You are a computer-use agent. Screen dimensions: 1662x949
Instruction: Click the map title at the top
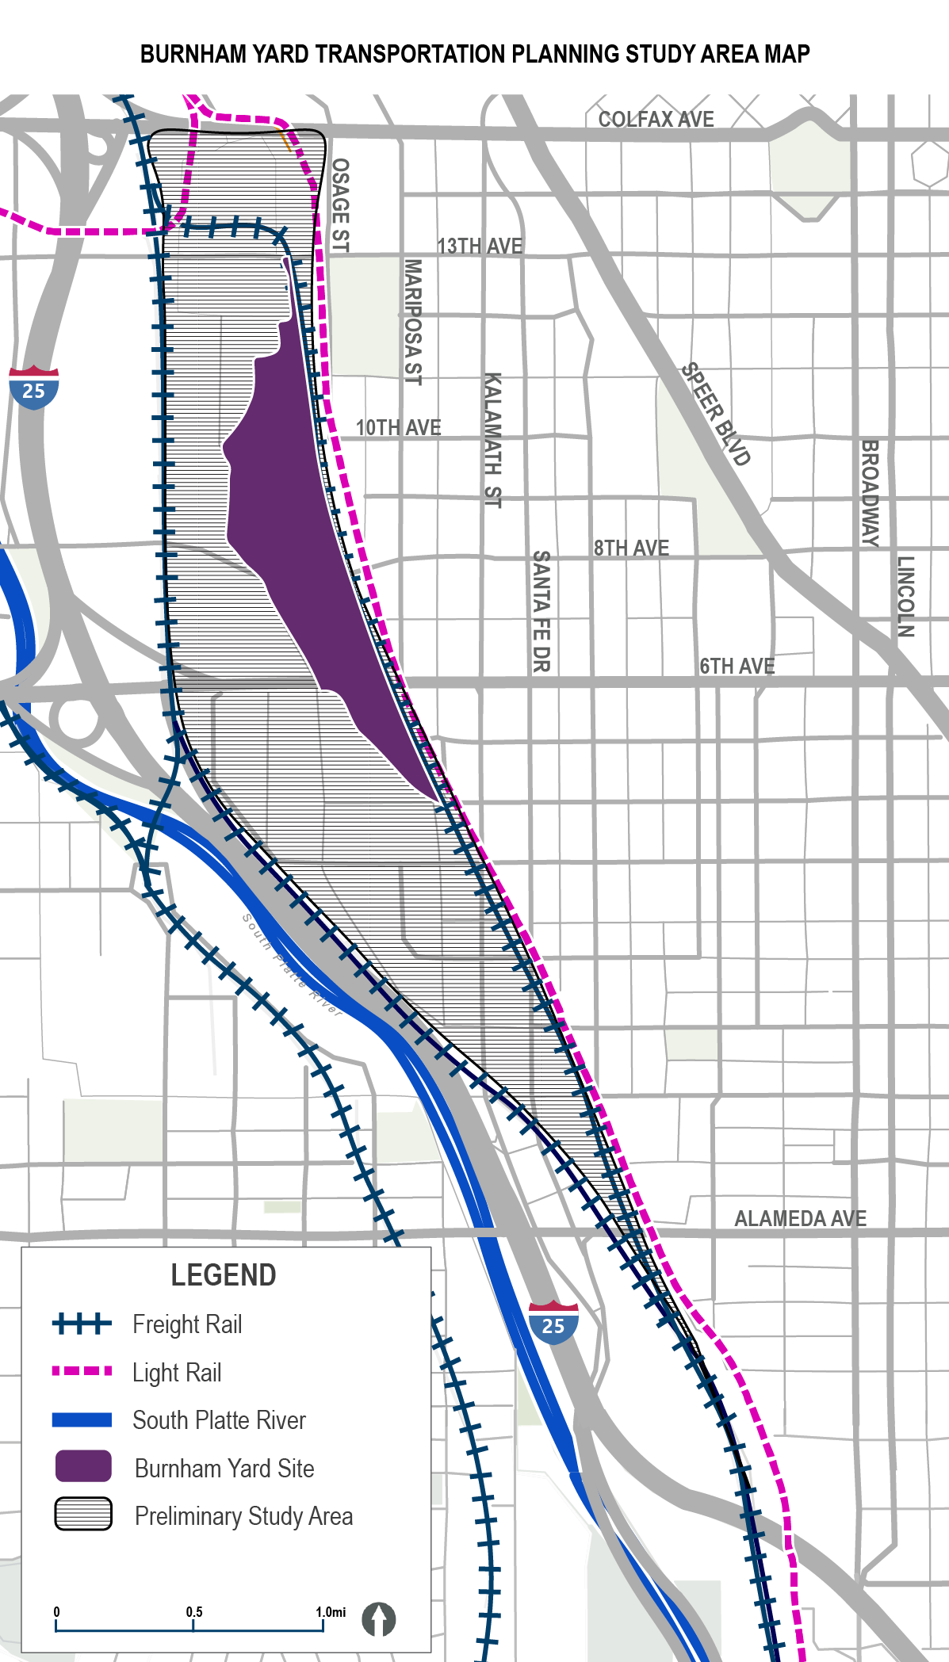click(475, 54)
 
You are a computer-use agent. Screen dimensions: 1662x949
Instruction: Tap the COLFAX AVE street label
click(656, 119)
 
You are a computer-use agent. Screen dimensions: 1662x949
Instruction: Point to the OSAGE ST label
click(340, 205)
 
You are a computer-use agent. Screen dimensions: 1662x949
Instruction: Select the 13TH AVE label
click(480, 246)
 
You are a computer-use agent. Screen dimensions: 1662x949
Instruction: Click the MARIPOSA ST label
click(413, 322)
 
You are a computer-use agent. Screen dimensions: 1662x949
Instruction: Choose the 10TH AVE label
click(398, 427)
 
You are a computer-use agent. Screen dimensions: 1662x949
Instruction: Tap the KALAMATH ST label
click(492, 440)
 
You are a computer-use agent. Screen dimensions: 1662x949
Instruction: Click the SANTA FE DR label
click(541, 612)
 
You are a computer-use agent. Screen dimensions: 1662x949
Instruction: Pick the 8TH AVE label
click(631, 548)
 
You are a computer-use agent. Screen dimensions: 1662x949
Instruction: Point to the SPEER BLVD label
click(715, 414)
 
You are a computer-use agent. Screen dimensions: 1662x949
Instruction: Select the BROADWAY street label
click(870, 494)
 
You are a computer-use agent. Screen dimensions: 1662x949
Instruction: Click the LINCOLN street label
click(905, 597)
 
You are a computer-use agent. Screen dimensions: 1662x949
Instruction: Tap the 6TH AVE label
click(737, 666)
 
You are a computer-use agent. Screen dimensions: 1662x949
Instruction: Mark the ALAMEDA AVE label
click(800, 1218)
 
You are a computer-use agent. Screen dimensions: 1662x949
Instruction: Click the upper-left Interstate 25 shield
click(34, 388)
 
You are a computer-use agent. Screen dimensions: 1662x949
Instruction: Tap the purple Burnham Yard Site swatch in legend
click(83, 1467)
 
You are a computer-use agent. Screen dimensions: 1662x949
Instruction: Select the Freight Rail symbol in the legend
click(82, 1324)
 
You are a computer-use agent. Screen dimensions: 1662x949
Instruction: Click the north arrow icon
click(379, 1619)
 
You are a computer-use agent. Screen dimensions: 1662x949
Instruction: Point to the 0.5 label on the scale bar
click(194, 1612)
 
